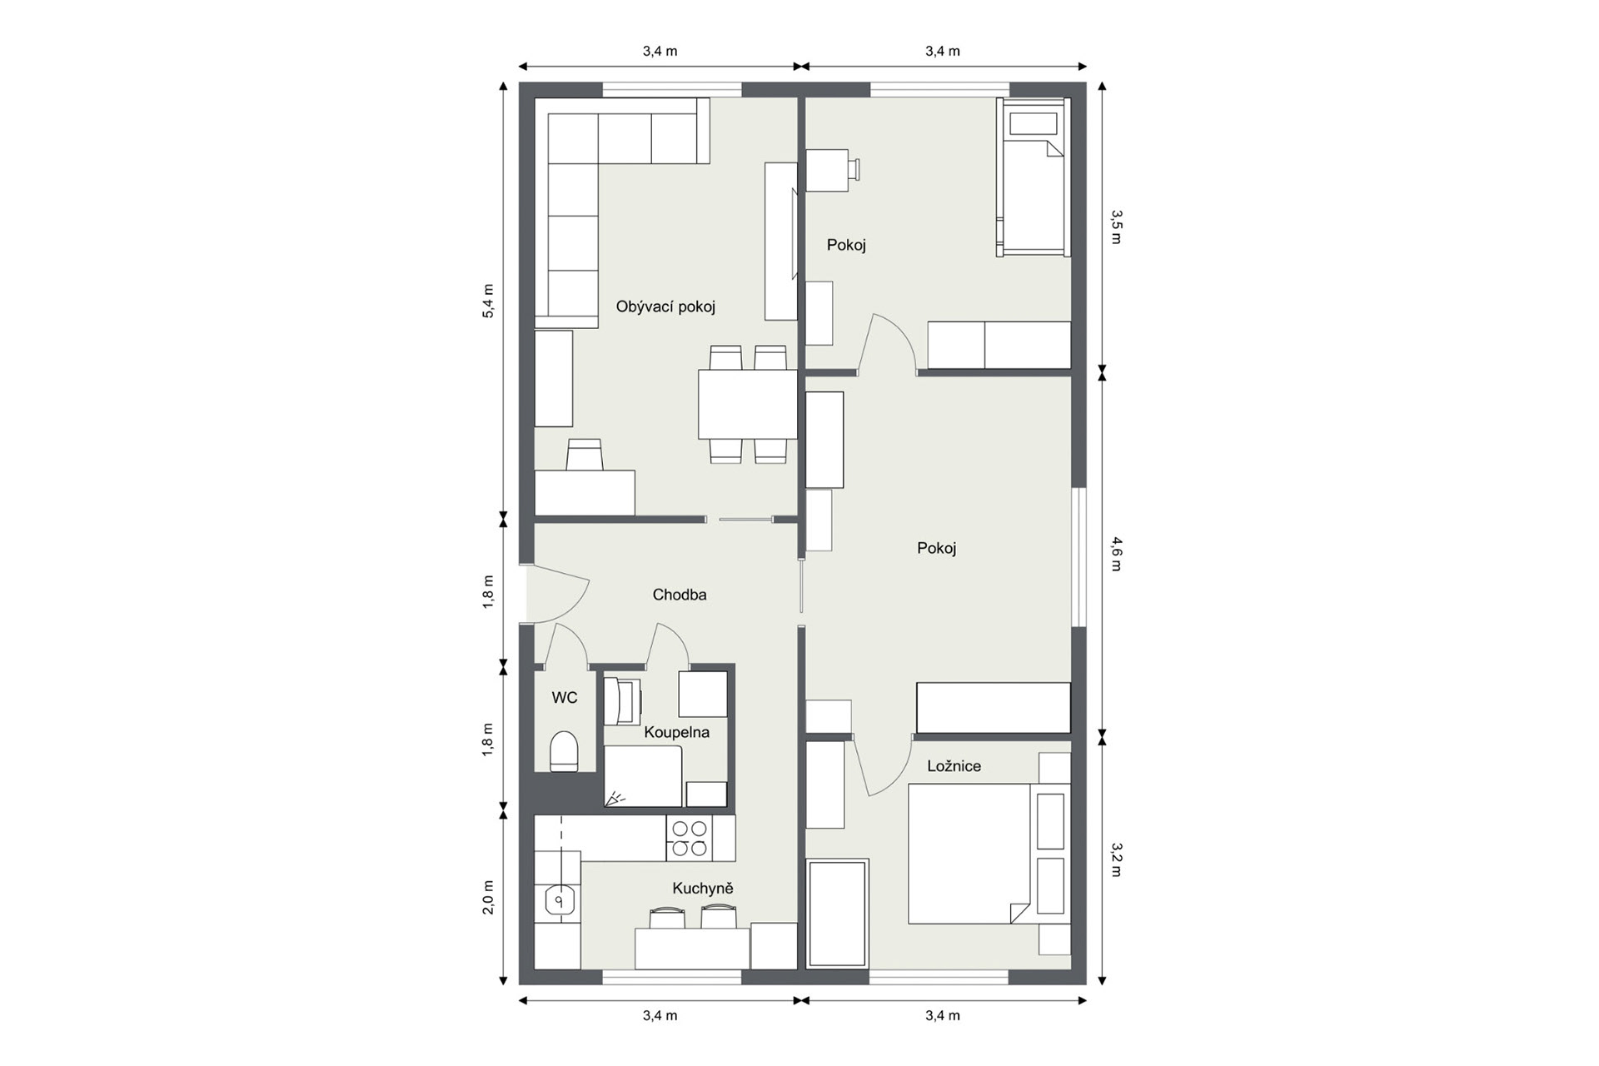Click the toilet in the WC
[565, 751]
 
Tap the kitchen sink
[561, 900]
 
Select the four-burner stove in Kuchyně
[689, 838]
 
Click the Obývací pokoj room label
[665, 306]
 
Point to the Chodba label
[680, 595]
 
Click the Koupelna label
[676, 732]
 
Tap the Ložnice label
[954, 766]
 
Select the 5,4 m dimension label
[489, 301]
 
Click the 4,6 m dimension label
[1117, 554]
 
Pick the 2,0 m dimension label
[489, 897]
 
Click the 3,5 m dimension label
[1117, 227]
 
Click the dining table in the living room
[747, 404]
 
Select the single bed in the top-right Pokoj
[1034, 177]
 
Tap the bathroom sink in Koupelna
[623, 701]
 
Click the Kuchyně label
[703, 889]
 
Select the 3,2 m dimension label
[1117, 860]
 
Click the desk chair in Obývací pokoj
[584, 455]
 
